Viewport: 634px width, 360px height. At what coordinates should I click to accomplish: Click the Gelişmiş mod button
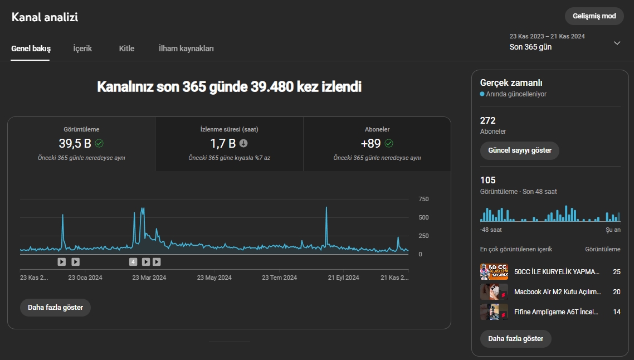pos(594,16)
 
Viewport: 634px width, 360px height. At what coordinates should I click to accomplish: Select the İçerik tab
pos(82,48)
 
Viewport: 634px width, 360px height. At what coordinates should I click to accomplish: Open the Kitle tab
pos(126,48)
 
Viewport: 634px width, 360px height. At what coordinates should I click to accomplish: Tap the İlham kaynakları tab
pos(186,48)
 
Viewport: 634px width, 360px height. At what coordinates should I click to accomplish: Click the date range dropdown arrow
pos(617,43)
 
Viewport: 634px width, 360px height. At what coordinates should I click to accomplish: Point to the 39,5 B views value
pos(75,143)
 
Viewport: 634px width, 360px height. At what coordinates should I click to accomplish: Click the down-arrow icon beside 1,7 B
pos(243,143)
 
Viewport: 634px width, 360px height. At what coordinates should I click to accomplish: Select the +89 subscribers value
pos(370,143)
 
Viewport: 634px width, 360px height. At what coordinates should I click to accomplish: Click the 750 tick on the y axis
pos(423,199)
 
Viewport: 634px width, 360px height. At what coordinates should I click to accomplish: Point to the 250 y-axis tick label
pos(423,236)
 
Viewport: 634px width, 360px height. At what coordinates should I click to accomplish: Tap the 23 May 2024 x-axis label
pos(214,278)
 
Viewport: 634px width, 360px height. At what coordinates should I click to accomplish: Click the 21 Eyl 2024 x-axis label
pos(343,278)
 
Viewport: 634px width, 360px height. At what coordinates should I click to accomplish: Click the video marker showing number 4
pos(133,262)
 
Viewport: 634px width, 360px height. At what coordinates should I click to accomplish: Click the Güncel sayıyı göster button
pos(520,150)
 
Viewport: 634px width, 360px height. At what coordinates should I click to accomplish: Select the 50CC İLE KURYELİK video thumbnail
pos(494,272)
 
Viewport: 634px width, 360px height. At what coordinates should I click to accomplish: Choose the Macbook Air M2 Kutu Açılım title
pos(558,291)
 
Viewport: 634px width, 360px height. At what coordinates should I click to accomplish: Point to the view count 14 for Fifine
pos(617,312)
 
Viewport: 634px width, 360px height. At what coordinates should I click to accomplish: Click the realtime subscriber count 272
pos(487,120)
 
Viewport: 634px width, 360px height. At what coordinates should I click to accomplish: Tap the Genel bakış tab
pos(31,48)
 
